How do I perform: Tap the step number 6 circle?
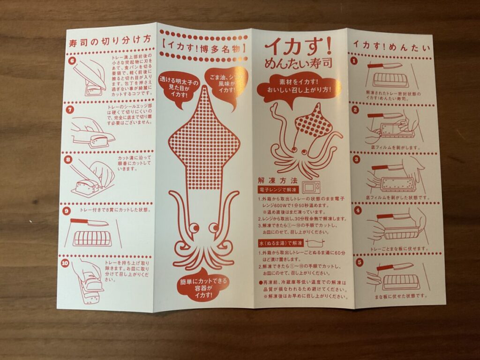coord(72,60)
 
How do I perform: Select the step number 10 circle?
coord(65,263)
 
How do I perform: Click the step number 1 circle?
coord(355,60)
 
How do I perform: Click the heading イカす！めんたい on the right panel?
coord(393,44)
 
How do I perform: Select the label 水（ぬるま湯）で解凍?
coord(281,244)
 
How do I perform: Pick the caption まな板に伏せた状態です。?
coord(398,296)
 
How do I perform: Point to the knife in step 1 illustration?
coord(384,66)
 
